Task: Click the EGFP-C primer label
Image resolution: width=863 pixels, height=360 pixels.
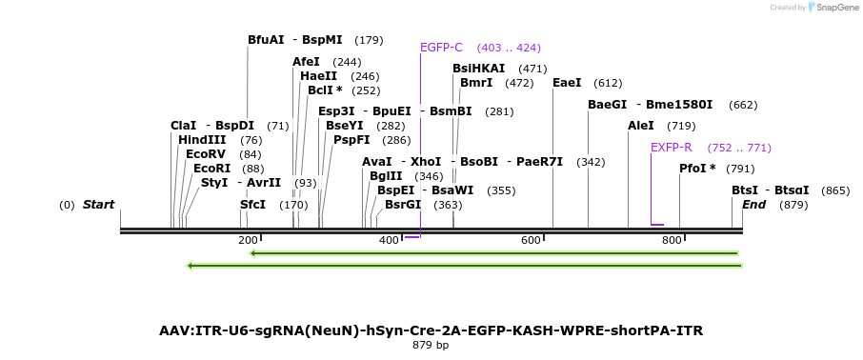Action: (x=441, y=48)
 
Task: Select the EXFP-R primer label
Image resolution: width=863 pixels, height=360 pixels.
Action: (x=671, y=148)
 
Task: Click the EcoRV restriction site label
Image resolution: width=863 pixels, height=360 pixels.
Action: (x=206, y=154)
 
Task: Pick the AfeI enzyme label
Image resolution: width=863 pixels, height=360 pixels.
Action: (x=306, y=62)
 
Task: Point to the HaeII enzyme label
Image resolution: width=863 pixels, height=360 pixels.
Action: (x=318, y=76)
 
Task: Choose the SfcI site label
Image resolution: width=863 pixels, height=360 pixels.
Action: (x=252, y=205)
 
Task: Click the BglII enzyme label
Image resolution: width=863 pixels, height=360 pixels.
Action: (x=386, y=176)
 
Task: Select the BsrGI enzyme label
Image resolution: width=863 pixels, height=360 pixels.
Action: (x=403, y=205)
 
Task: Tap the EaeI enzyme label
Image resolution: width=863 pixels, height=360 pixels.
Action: (x=567, y=83)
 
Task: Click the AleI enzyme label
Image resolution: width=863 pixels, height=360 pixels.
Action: (x=641, y=126)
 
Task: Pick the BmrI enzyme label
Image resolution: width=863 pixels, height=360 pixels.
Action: (x=476, y=83)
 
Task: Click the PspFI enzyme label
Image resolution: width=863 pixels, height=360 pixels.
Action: (x=351, y=140)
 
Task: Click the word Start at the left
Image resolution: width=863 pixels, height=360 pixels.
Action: (x=98, y=205)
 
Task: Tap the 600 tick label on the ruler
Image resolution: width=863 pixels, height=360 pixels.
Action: (x=531, y=240)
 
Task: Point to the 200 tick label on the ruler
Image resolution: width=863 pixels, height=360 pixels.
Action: (x=248, y=240)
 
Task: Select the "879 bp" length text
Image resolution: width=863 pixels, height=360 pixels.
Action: (x=431, y=345)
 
